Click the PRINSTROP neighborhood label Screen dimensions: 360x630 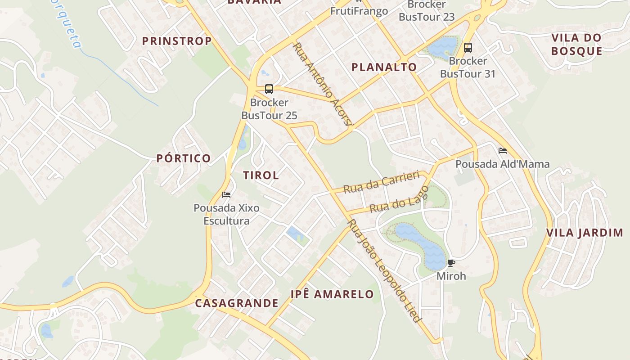click(177, 41)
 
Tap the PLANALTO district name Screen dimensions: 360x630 click(384, 67)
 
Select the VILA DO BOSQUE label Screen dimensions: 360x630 click(576, 44)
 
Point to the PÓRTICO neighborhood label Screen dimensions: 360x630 click(184, 158)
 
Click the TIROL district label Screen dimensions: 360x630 click(261, 175)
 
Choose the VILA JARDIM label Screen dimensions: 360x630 click(585, 233)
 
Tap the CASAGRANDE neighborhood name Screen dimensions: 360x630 click(237, 303)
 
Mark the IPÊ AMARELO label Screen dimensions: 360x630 click(332, 294)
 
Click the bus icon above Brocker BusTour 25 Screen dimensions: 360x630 click(269, 89)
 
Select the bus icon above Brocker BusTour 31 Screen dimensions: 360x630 click(468, 48)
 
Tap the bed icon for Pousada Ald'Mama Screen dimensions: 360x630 click(503, 151)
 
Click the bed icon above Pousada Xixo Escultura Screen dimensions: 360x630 click(226, 195)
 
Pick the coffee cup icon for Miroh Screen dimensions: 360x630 click(451, 263)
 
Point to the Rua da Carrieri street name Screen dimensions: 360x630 click(381, 182)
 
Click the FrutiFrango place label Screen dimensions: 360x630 click(359, 11)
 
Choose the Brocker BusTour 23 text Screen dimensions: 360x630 click(427, 11)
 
